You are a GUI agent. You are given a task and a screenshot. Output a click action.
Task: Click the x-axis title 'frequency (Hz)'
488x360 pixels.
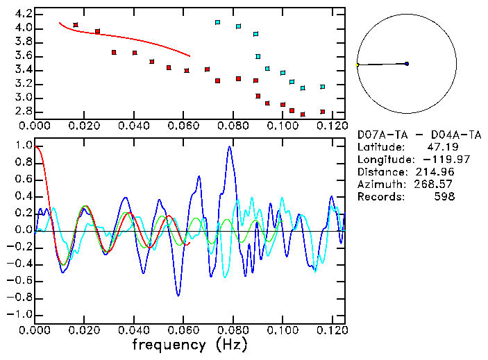tap(189, 345)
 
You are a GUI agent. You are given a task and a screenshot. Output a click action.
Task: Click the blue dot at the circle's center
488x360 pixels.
tap(407, 64)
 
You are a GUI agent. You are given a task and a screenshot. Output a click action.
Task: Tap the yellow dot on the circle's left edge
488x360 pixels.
tap(357, 65)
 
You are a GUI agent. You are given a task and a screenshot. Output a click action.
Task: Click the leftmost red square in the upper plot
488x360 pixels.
tap(76, 25)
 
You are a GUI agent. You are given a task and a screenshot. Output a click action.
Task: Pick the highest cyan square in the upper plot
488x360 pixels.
tap(217, 22)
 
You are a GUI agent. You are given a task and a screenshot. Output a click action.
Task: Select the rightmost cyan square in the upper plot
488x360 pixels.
tap(322, 87)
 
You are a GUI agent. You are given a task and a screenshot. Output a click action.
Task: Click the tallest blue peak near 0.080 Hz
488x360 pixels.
tap(230, 147)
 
